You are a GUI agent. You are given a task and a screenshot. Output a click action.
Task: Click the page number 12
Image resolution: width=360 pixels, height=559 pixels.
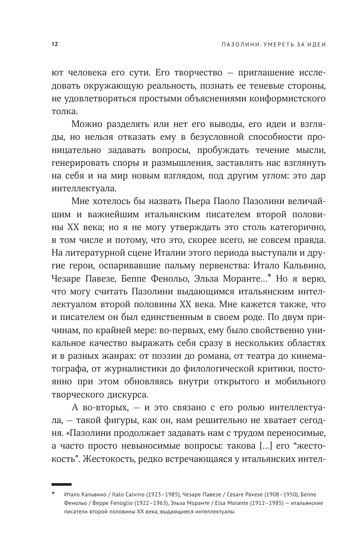click(x=54, y=45)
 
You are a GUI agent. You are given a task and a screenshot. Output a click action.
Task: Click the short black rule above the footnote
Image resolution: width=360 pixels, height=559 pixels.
click(x=61, y=484)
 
